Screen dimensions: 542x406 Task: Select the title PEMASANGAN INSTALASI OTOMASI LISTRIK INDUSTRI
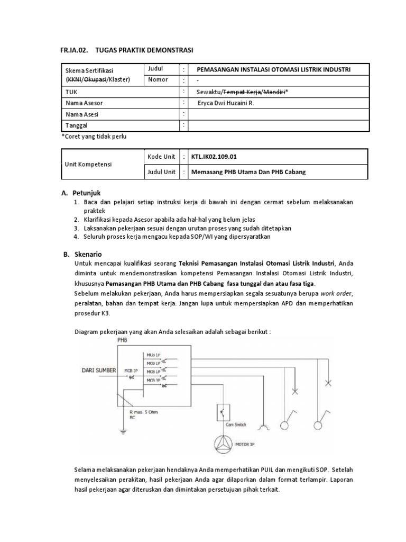tap(273, 69)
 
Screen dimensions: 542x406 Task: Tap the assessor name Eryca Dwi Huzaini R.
tap(225, 103)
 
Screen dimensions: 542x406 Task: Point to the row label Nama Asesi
tap(82, 114)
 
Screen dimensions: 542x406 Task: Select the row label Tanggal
tap(76, 125)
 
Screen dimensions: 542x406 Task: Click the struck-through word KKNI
tap(75, 80)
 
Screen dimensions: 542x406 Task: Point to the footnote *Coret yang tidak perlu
tap(95, 136)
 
